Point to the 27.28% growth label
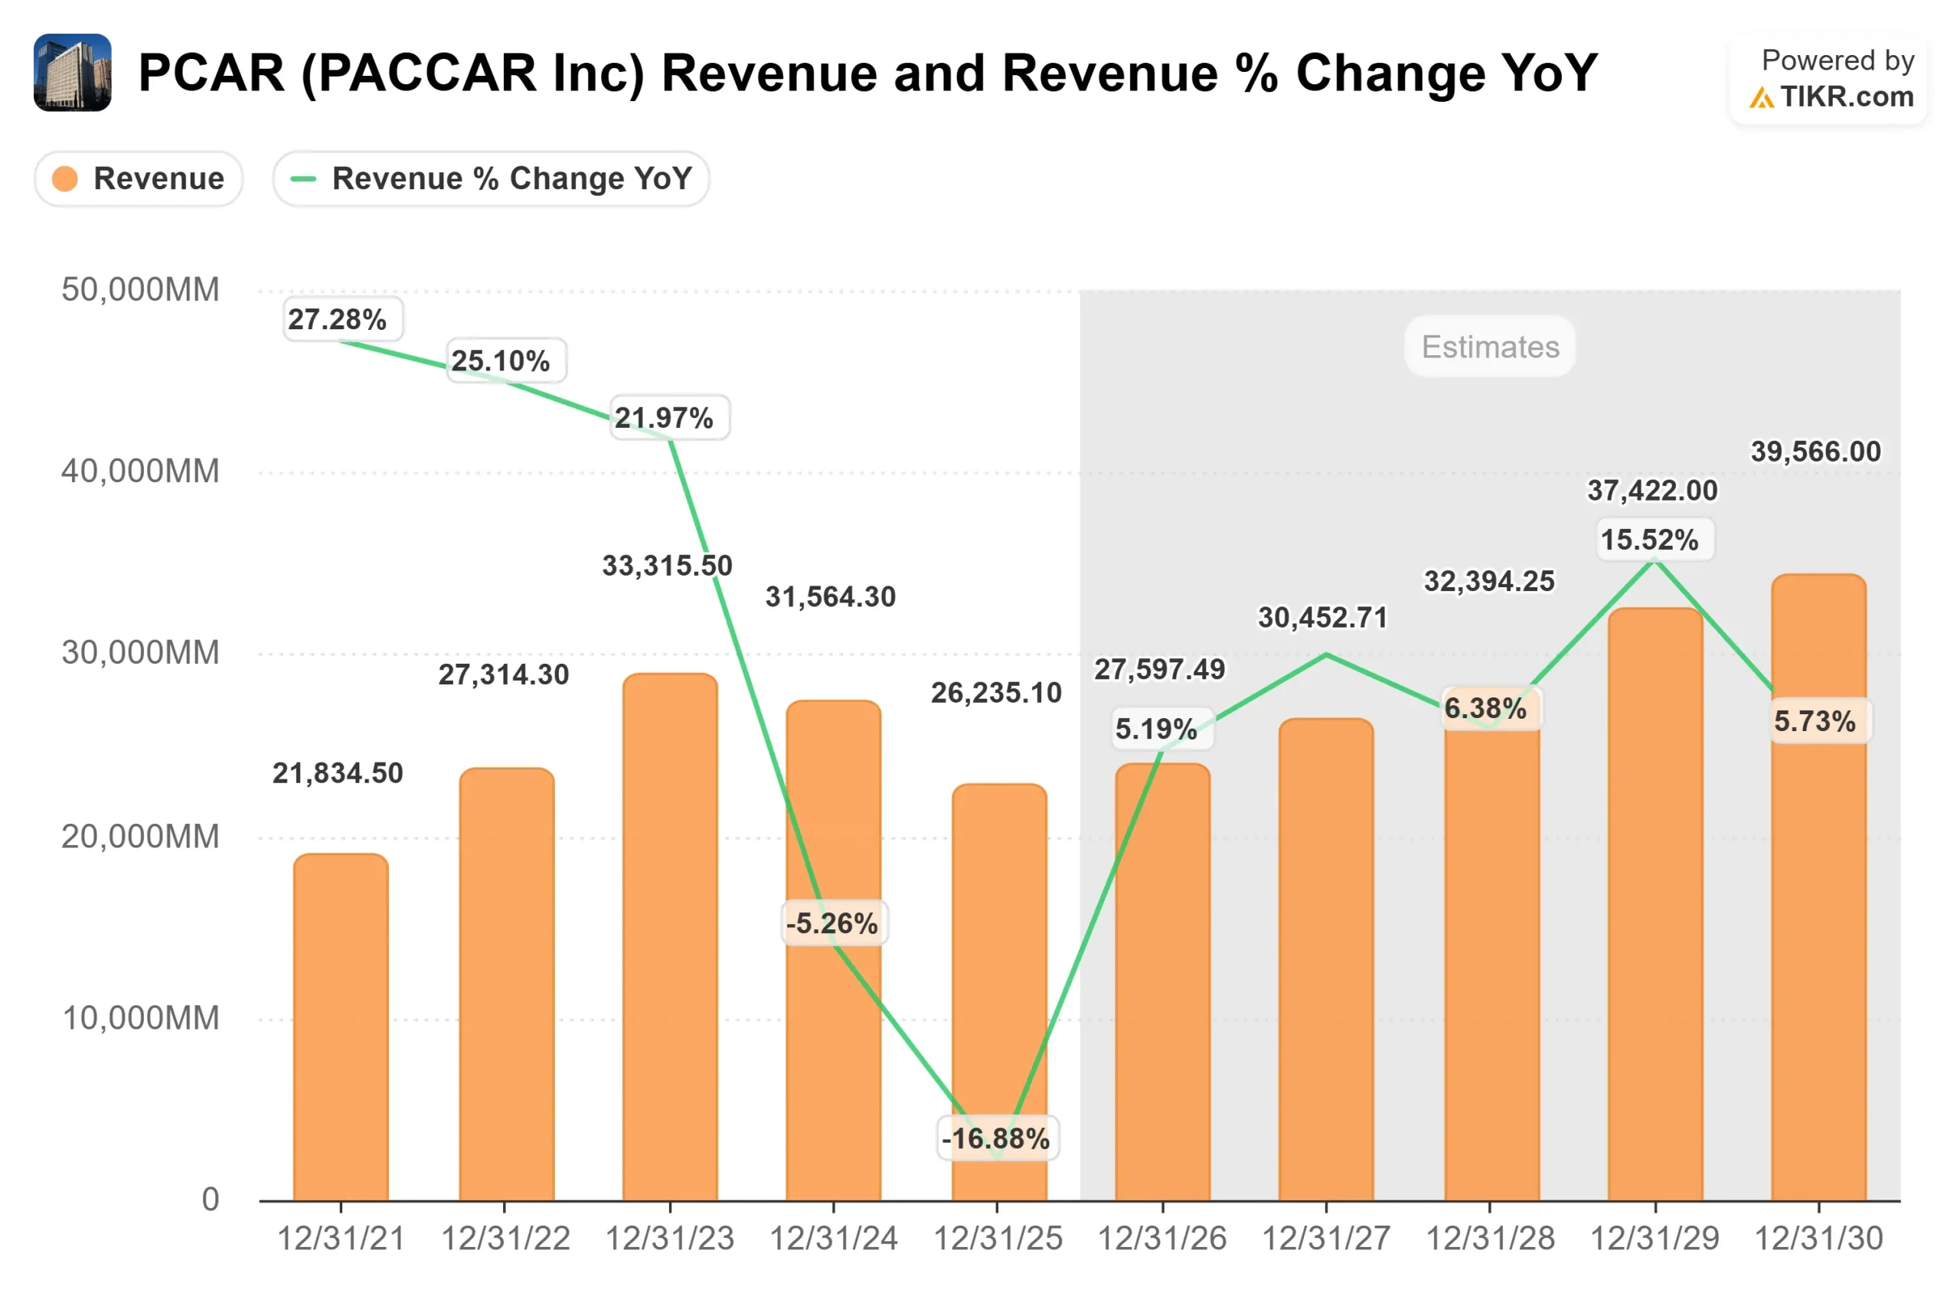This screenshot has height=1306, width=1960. (x=338, y=319)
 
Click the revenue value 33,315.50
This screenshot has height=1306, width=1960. (x=666, y=566)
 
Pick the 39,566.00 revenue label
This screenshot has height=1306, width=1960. (x=1815, y=452)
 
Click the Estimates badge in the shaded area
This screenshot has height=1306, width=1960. (x=1488, y=347)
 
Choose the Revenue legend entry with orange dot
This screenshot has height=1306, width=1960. (x=139, y=178)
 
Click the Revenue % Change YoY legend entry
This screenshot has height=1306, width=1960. (x=491, y=178)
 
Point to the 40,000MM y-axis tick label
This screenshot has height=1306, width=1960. (x=140, y=472)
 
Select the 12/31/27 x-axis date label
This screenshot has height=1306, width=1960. (x=1325, y=1238)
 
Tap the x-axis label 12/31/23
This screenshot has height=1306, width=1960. (x=669, y=1238)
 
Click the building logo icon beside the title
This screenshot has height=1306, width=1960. (x=73, y=73)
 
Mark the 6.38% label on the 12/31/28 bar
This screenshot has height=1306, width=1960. (x=1485, y=708)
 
